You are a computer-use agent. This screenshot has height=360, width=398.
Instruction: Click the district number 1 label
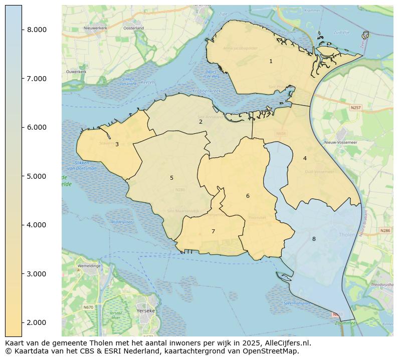[271, 62]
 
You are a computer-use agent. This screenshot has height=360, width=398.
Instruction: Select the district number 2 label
[201, 122]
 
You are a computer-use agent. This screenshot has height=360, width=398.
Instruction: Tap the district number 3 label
[117, 144]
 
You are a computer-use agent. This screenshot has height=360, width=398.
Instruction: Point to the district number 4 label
[305, 158]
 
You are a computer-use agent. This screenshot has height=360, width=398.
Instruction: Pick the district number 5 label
[171, 178]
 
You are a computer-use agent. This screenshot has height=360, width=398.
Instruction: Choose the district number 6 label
[248, 196]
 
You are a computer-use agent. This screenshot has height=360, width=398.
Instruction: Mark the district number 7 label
[213, 231]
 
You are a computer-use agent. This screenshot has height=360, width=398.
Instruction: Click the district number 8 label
[314, 239]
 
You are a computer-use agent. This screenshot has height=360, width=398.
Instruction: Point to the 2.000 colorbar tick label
[36, 322]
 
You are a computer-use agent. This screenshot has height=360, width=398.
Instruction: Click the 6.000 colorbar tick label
[36, 127]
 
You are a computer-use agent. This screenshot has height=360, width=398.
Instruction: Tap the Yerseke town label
[145, 310]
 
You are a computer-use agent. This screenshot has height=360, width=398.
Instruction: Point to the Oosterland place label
[133, 28]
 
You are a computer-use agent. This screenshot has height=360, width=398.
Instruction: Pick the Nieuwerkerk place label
[95, 28]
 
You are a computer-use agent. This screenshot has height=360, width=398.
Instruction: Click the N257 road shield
[355, 108]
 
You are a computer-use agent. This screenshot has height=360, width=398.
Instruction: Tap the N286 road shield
[384, 230]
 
